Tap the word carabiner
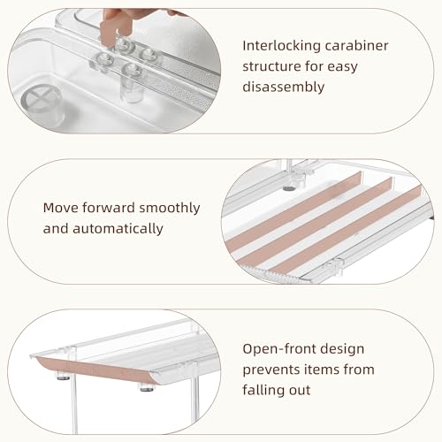click(357, 45)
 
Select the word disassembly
click(284, 87)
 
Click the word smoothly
click(170, 209)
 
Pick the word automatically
click(118, 229)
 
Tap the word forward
click(109, 208)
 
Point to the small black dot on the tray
click(289, 188)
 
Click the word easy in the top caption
click(342, 67)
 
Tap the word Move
click(61, 208)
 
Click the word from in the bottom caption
click(359, 369)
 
